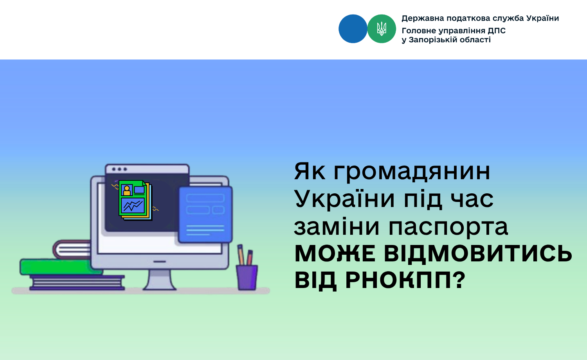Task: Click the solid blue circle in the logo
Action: (353, 29)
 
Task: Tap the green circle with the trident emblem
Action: (382, 29)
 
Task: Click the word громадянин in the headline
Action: (412, 172)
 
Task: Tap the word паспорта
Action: (448, 227)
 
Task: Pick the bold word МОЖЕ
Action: (335, 254)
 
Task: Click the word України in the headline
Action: (344, 199)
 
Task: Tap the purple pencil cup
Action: (247, 277)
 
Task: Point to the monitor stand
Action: (160, 280)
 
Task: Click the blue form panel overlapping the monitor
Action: (205, 214)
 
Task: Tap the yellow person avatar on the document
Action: (127, 190)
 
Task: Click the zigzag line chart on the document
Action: (133, 206)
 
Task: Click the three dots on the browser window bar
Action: (119, 169)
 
